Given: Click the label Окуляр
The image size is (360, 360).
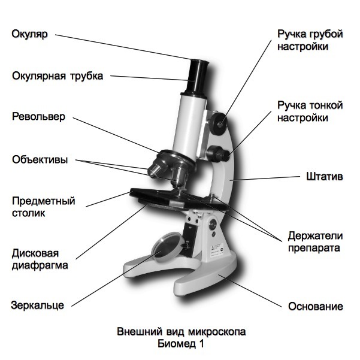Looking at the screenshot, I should click(28, 34).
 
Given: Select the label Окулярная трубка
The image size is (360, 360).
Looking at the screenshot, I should click(58, 76).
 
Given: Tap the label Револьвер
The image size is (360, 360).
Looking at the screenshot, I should click(38, 116).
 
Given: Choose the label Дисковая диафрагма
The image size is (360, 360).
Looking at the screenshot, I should click(39, 258).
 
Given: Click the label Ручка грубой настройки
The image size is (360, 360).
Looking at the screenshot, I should click(310, 40).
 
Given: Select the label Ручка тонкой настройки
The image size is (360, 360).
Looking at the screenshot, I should click(310, 111).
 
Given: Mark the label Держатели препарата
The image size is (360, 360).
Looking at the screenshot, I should click(314, 241).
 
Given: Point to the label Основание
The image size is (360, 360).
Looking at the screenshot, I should click(316, 306).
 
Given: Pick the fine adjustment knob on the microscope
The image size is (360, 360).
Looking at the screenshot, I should click(220, 153).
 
